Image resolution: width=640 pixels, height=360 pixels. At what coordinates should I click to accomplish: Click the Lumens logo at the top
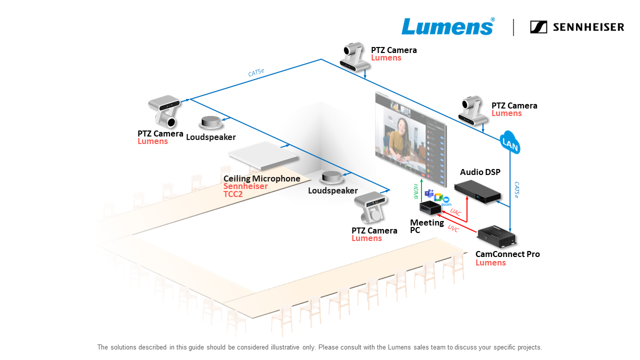click(x=447, y=27)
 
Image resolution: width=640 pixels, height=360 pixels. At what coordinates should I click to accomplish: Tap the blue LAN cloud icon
click(x=510, y=143)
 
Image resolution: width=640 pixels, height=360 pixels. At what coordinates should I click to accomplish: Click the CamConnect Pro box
click(x=496, y=236)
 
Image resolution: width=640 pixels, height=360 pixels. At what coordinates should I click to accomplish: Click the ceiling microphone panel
click(x=263, y=158)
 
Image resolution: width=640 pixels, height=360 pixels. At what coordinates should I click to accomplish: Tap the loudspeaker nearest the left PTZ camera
click(x=210, y=122)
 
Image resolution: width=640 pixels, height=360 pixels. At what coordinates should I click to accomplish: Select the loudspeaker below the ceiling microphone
click(x=331, y=177)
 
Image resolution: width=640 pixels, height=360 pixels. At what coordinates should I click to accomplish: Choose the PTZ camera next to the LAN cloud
click(x=472, y=110)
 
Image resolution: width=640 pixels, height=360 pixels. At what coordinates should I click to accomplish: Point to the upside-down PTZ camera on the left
click(x=164, y=111)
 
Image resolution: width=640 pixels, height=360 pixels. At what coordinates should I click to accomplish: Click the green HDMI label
click(x=415, y=191)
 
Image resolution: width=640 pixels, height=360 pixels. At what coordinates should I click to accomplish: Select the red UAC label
click(x=455, y=212)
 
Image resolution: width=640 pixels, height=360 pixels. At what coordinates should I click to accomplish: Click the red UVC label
click(x=453, y=228)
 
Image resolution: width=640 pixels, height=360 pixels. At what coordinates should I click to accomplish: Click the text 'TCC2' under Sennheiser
click(x=232, y=194)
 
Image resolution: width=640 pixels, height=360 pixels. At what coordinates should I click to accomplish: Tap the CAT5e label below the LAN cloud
click(x=516, y=190)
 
